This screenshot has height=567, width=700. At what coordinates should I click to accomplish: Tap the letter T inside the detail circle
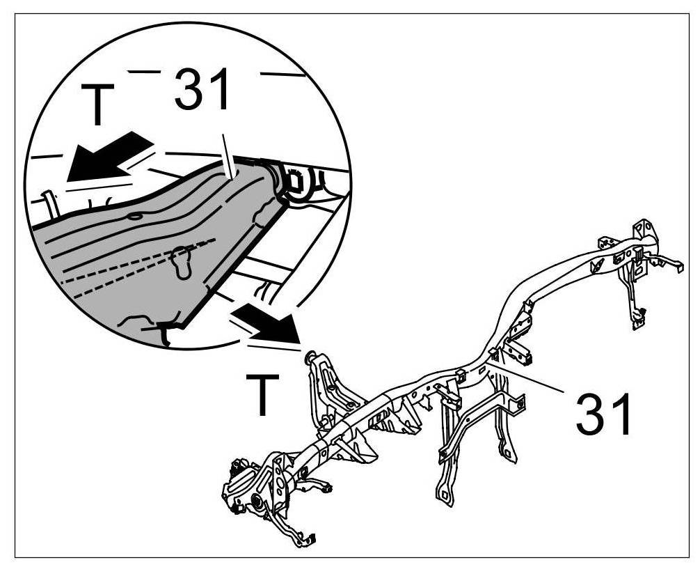(x=100, y=105)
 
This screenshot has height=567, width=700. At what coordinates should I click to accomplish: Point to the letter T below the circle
(x=262, y=394)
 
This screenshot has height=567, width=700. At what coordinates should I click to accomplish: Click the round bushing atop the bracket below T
(x=310, y=357)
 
